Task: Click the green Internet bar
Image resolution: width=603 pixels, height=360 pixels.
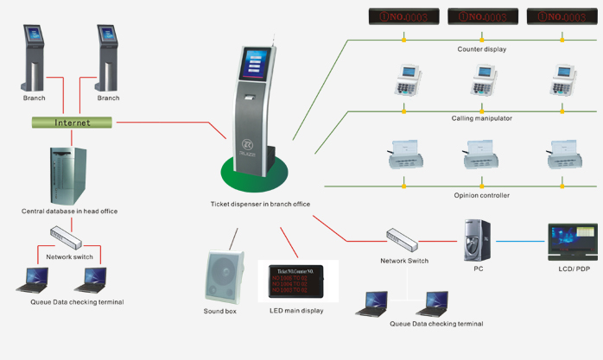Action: click(73, 123)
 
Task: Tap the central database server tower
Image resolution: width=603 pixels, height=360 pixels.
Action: click(68, 173)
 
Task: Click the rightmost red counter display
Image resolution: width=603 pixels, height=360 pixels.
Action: click(561, 16)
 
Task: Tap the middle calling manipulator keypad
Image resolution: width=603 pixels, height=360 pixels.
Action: click(481, 82)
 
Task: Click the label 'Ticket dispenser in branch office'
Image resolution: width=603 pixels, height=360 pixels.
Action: click(259, 205)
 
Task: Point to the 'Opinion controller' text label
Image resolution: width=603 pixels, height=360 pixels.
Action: click(481, 196)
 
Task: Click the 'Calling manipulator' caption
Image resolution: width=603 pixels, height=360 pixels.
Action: click(481, 117)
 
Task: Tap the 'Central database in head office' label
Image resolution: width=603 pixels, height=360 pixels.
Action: click(69, 211)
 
